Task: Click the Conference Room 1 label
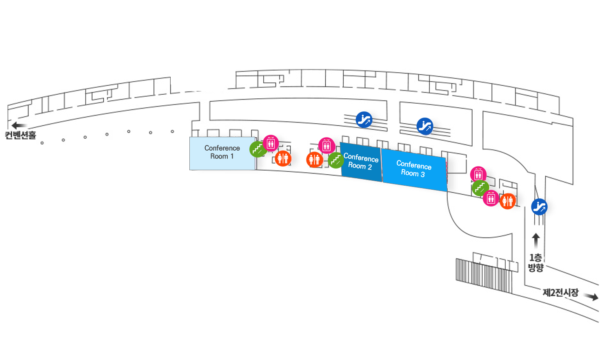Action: (222, 152)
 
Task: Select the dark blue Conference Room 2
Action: (361, 162)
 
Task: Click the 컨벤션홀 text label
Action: (20, 135)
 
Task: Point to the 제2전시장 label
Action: (561, 292)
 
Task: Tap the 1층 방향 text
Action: (536, 262)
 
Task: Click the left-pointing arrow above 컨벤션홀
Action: (19, 125)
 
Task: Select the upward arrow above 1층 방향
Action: (536, 241)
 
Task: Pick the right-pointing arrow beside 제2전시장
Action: (591, 296)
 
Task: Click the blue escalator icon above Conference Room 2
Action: (364, 120)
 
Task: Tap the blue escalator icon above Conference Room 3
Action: (425, 126)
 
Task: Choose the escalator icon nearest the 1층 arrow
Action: (539, 207)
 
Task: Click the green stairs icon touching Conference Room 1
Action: (258, 149)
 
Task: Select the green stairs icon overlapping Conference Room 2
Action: (336, 160)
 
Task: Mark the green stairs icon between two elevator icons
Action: (480, 188)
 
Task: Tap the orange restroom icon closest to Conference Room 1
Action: (283, 158)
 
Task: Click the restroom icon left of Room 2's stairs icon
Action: (314, 160)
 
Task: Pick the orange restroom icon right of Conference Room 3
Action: (508, 201)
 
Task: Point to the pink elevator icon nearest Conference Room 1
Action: (271, 143)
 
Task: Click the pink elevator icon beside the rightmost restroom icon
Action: (491, 198)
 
